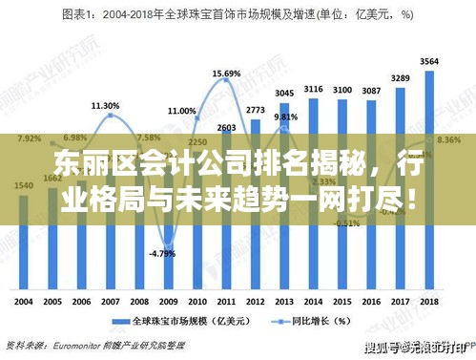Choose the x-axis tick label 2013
click(x=284, y=301)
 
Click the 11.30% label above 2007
click(x=105, y=105)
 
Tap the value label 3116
click(x=313, y=89)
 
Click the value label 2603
click(x=227, y=127)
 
